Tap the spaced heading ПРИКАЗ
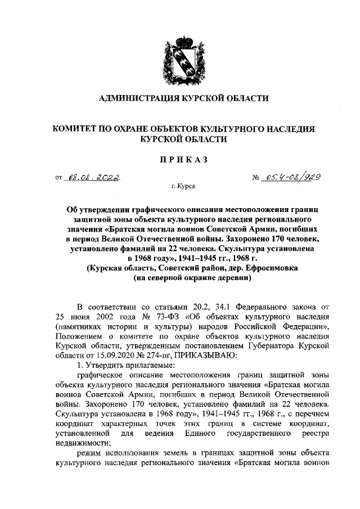click(180, 159)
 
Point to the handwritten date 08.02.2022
click(92, 178)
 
